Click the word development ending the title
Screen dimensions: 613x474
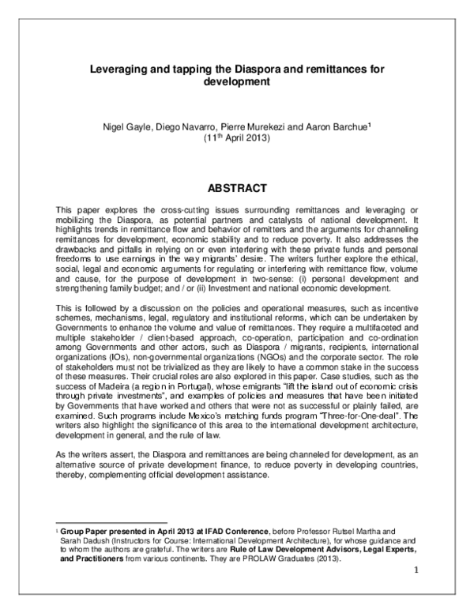pos(237,81)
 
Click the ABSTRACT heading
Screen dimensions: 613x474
pos(237,189)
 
